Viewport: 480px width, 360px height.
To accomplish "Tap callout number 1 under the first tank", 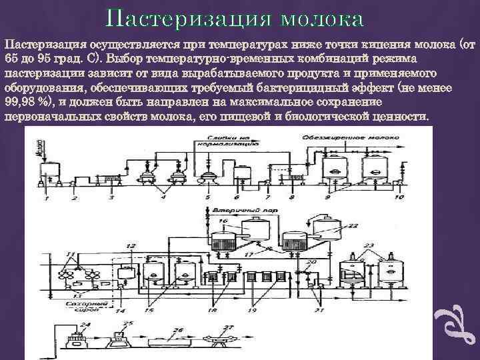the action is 47,199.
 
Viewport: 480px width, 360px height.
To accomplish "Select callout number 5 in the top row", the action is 207,198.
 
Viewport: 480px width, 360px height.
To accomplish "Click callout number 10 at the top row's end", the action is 399,198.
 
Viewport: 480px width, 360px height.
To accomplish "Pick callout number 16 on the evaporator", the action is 223,220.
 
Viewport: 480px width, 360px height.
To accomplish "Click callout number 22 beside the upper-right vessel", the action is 353,226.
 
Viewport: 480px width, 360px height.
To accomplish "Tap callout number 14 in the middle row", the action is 120,311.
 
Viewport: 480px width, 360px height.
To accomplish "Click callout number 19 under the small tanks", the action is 252,311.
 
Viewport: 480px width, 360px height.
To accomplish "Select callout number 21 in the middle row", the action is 319,311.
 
